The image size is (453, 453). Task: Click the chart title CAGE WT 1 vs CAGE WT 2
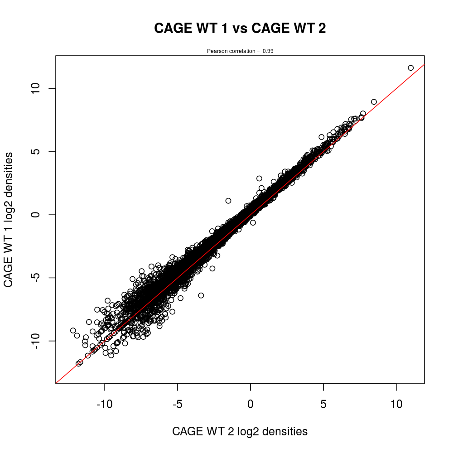tap(240, 29)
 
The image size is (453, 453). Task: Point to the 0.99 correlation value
tap(268, 51)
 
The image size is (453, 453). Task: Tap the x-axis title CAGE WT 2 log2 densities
tap(240, 432)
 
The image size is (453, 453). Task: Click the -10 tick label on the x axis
tap(105, 403)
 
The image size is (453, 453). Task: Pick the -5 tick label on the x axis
tap(178, 403)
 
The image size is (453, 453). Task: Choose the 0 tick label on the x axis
tap(251, 403)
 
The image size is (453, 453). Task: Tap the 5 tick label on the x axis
tap(323, 403)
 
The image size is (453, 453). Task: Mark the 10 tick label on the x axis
tap(396, 403)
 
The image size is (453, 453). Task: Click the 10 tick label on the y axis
tap(39, 88)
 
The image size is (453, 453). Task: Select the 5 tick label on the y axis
tap(39, 151)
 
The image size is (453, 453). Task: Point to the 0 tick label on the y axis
tap(39, 214)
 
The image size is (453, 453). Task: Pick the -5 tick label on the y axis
tap(39, 277)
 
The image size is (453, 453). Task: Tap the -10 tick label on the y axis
tap(39, 340)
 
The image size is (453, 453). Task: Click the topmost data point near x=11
tap(411, 68)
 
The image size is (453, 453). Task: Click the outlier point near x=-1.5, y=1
tap(228, 201)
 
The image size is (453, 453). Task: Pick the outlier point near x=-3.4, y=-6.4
tap(201, 295)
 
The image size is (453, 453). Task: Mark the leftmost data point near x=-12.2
tap(73, 331)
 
